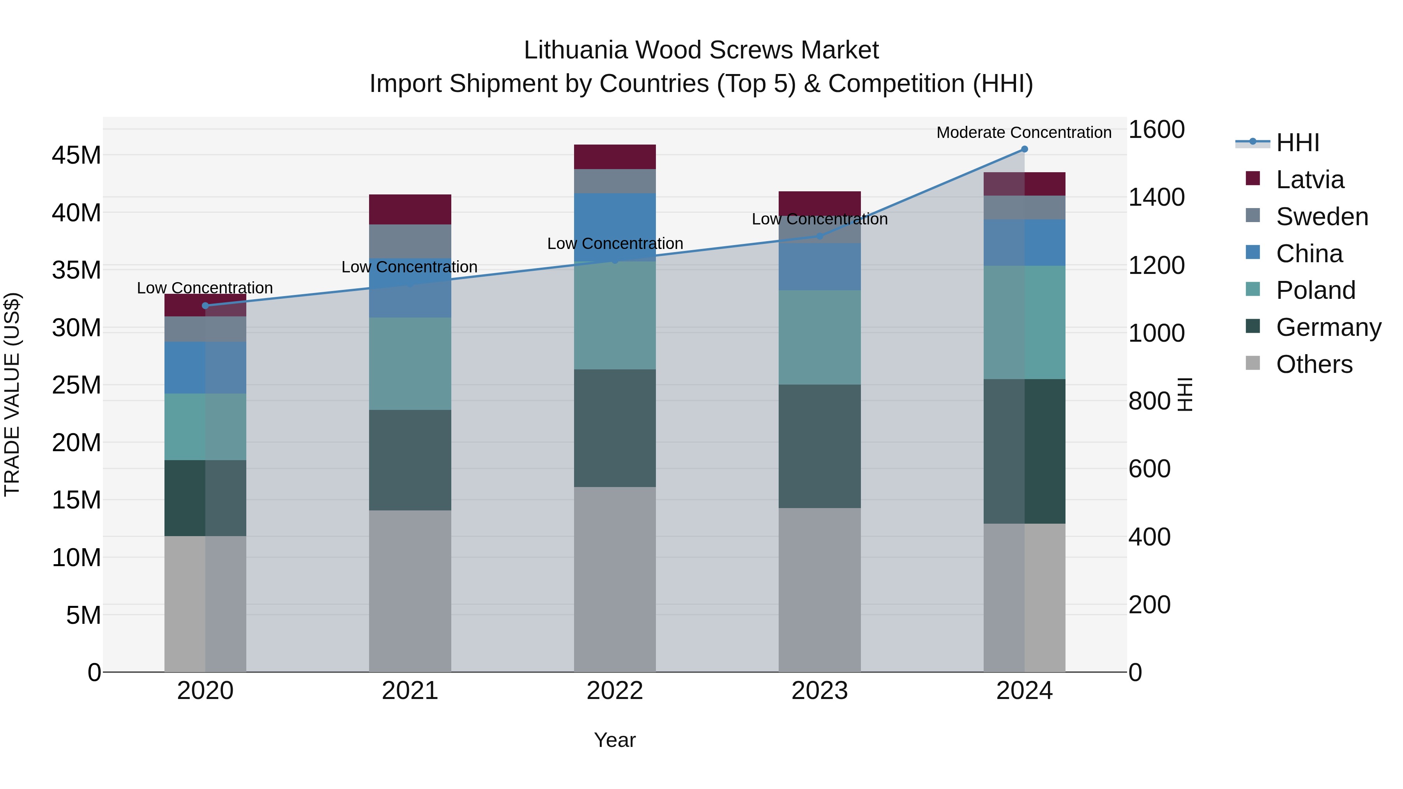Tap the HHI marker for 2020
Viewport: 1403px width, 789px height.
point(205,305)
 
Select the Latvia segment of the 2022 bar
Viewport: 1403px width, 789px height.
point(615,157)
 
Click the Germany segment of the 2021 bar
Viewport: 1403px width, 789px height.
point(410,460)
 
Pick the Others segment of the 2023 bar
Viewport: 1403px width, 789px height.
point(820,590)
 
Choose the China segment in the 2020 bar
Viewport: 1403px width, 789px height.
point(205,367)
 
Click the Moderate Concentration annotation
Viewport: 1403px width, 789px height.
point(1024,132)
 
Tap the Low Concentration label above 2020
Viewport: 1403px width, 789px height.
point(205,288)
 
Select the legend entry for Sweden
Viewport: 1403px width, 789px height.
point(1322,217)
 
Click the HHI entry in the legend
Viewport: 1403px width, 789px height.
point(1297,143)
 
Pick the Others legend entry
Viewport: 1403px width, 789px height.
point(1314,364)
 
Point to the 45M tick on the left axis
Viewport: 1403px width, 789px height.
point(76,155)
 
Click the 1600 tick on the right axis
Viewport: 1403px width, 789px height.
point(1156,130)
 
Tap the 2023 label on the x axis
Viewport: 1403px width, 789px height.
point(820,691)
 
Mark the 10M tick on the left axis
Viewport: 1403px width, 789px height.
point(76,558)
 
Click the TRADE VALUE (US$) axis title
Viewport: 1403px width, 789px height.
point(12,394)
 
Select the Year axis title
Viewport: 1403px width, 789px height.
point(615,740)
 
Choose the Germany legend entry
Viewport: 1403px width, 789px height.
point(1329,327)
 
